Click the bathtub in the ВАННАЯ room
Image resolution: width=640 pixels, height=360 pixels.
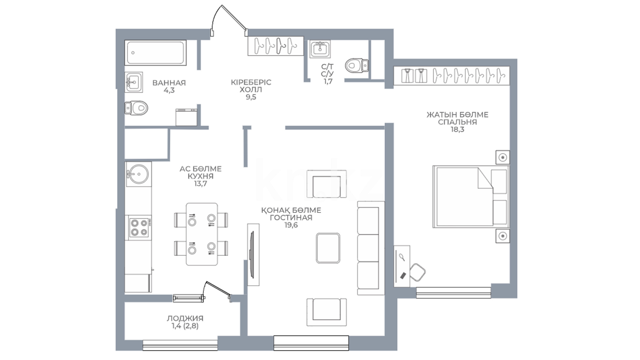[x=155, y=53]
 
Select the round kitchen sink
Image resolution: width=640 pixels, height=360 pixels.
[x=138, y=174]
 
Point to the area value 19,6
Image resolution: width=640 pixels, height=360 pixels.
[x=291, y=225]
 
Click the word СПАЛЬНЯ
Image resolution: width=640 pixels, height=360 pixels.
[x=457, y=122]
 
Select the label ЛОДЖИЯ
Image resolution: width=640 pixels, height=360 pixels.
[x=185, y=318]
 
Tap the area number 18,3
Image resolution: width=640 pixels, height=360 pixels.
[x=457, y=129]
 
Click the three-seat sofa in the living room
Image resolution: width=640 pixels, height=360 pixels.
[x=371, y=248]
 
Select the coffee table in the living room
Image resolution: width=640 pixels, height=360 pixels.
[x=328, y=248]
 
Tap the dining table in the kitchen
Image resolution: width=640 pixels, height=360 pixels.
[x=202, y=234]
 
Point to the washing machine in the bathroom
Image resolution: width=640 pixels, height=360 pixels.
[x=187, y=117]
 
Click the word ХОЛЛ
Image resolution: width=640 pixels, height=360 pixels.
[x=251, y=89]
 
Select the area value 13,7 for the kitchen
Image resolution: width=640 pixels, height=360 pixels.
[x=201, y=184]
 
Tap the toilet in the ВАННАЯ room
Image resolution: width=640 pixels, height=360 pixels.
[x=136, y=108]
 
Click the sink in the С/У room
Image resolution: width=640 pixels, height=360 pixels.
[x=320, y=50]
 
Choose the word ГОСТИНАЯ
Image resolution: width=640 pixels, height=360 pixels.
[x=291, y=218]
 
